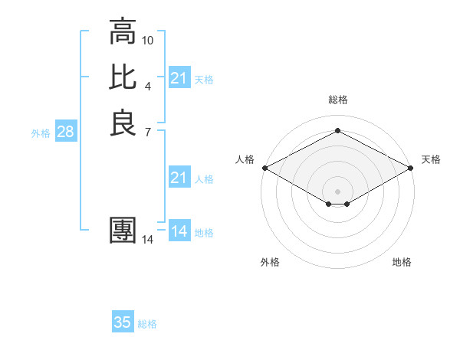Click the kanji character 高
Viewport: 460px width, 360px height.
(123, 32)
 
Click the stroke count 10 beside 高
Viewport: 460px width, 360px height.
(148, 40)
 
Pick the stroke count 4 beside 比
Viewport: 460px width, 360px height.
(148, 85)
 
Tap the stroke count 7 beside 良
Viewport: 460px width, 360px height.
(148, 131)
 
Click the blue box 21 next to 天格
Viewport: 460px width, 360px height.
(179, 78)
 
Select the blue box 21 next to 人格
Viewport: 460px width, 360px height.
(179, 178)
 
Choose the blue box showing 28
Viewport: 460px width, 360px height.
(65, 133)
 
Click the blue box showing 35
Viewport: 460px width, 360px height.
(123, 323)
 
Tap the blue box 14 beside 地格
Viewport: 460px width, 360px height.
(179, 232)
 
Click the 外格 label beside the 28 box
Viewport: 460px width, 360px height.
(41, 133)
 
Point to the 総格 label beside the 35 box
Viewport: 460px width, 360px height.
(147, 324)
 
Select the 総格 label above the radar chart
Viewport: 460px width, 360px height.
(337, 100)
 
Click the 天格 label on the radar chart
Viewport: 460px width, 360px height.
(431, 159)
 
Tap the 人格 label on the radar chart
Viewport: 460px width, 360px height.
(244, 159)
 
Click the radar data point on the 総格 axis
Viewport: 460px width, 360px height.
(337, 131)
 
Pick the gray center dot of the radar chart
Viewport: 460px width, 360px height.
(337, 191)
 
